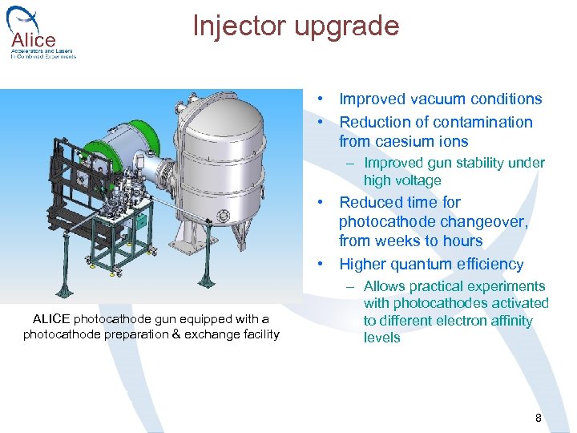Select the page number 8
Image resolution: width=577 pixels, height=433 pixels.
point(539,418)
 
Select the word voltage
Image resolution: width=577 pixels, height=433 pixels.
point(417,180)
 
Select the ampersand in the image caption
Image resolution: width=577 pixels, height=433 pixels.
point(177,334)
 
